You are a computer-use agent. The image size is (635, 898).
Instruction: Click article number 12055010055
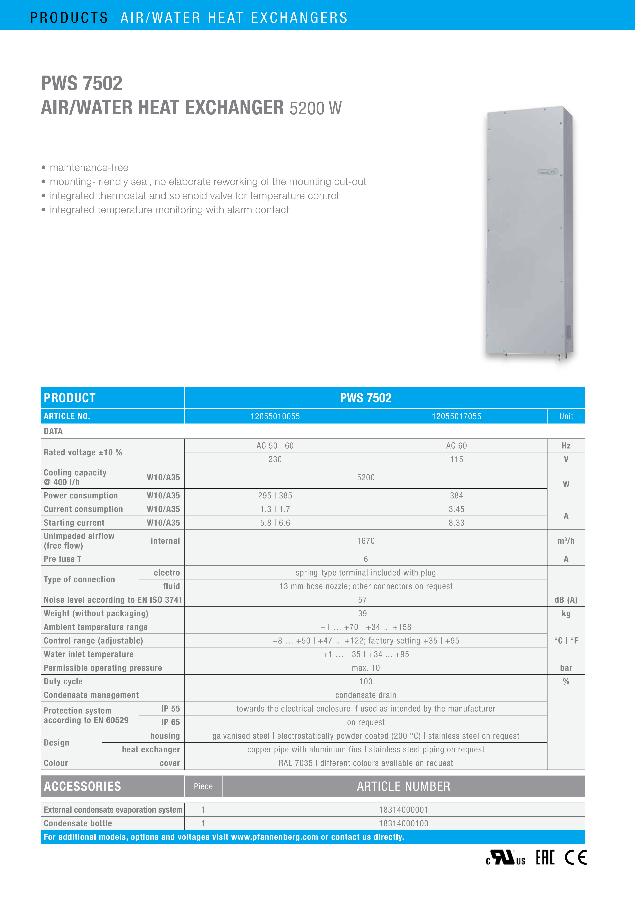(275, 416)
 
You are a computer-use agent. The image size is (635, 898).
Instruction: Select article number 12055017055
(456, 416)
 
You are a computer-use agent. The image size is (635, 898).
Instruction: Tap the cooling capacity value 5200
(366, 477)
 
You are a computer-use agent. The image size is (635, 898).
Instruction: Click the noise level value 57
(363, 600)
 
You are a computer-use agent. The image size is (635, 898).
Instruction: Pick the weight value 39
(363, 613)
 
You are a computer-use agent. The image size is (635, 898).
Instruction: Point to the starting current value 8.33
(456, 523)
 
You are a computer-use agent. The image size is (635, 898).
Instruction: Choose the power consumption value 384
(456, 495)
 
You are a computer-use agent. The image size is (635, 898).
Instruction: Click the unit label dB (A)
(566, 600)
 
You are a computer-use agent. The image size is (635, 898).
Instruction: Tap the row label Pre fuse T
(63, 559)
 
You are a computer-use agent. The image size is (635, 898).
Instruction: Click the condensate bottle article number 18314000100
(403, 823)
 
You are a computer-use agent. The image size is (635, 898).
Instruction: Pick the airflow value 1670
(366, 541)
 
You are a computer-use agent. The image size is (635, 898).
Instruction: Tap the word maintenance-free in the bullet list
(89, 167)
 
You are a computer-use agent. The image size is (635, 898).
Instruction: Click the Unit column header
(566, 416)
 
